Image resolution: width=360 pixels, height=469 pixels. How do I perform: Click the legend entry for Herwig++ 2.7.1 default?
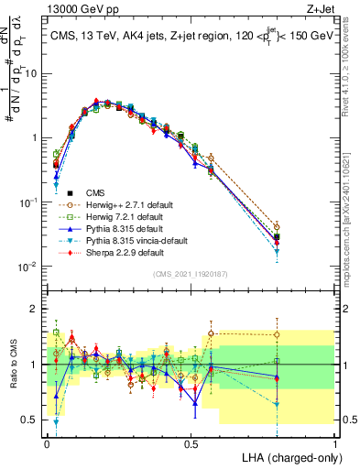pos(125,204)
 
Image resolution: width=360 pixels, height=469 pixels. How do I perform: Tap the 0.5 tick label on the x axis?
pos(191,441)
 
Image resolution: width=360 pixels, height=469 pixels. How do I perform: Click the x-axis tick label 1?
pos(334,441)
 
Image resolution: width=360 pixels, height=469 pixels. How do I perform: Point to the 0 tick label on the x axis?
pos(47,441)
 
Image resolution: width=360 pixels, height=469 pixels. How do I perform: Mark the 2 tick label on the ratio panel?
pos(33,309)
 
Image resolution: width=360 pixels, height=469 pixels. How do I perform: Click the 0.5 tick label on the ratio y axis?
pos(29,420)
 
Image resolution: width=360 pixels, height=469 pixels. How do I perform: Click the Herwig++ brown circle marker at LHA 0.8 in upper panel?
pos(277,227)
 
